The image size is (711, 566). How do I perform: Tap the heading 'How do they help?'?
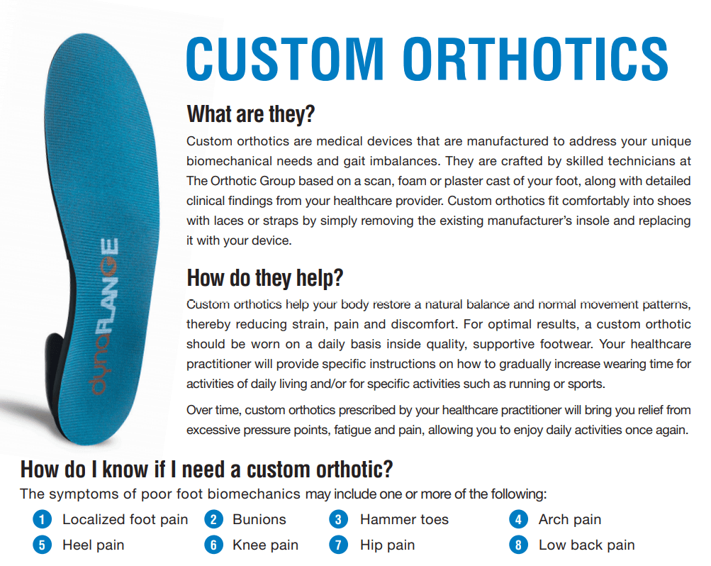pyautogui.click(x=265, y=277)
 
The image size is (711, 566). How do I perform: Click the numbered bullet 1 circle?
pyautogui.click(x=43, y=520)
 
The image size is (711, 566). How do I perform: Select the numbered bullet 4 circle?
pyautogui.click(x=518, y=520)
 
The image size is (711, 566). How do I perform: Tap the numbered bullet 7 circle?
pyautogui.click(x=339, y=545)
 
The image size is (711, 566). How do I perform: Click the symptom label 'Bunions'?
pyautogui.click(x=259, y=520)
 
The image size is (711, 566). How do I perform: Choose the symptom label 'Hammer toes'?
pyautogui.click(x=404, y=520)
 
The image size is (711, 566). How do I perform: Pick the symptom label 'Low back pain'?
pyautogui.click(x=586, y=545)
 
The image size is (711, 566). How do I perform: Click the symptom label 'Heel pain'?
pyautogui.click(x=93, y=545)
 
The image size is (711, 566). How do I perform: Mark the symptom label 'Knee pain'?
pyautogui.click(x=265, y=545)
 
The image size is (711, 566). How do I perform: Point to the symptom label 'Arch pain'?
pyautogui.click(x=569, y=520)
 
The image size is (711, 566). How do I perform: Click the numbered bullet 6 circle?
pyautogui.click(x=213, y=545)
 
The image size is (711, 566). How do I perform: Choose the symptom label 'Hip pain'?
pyautogui.click(x=387, y=545)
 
